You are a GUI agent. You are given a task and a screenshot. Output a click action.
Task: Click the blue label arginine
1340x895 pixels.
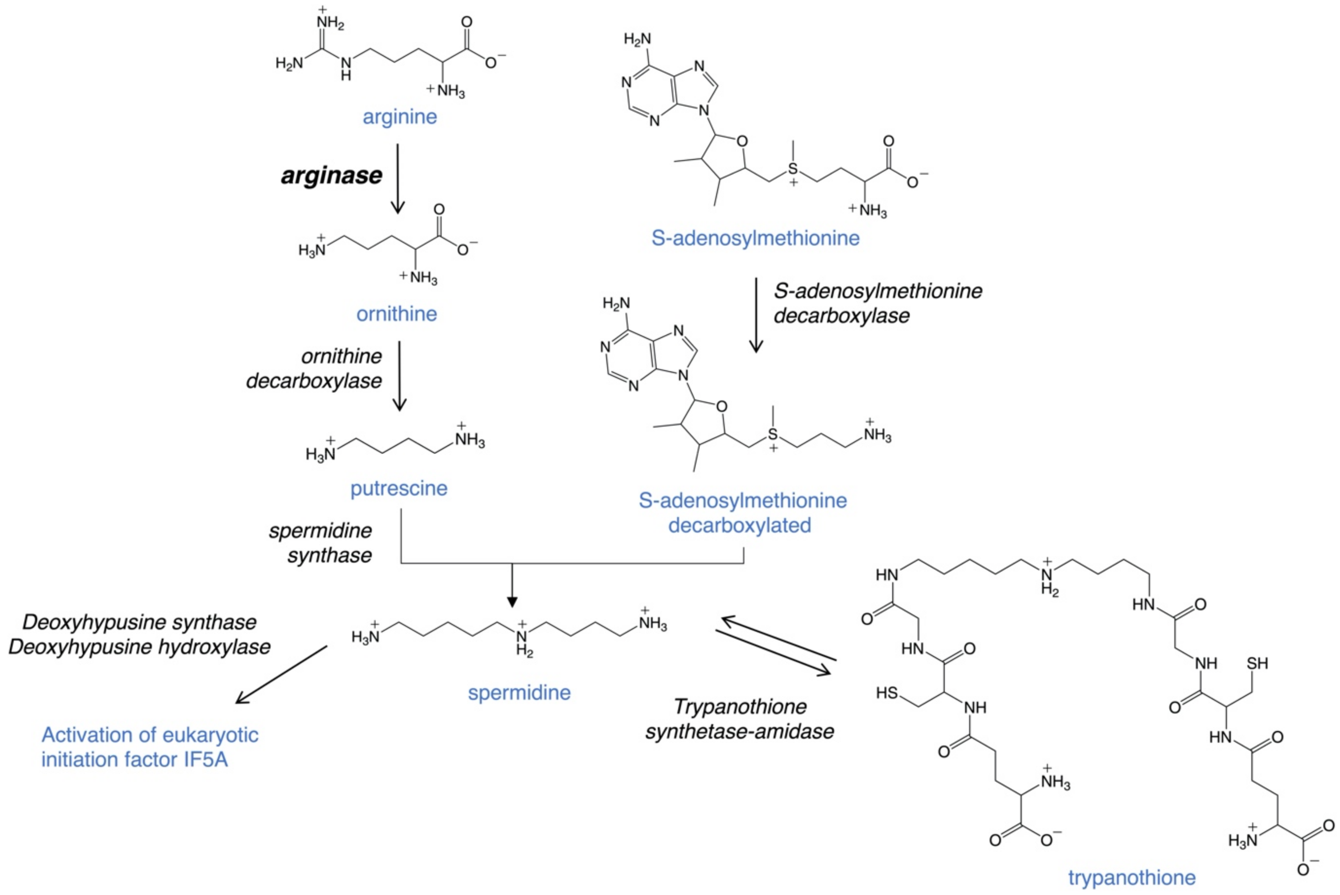pyautogui.click(x=400, y=117)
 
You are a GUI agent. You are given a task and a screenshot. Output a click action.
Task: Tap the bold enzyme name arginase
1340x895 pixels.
pyautogui.click(x=331, y=175)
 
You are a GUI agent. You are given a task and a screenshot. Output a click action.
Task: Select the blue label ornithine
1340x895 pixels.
pyautogui.click(x=396, y=314)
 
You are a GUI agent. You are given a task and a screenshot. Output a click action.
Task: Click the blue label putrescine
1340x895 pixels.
pyautogui.click(x=399, y=489)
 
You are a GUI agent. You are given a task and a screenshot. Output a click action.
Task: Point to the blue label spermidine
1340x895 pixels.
pyautogui.click(x=519, y=692)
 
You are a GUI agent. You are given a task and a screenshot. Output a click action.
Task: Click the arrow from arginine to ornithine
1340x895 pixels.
pyautogui.click(x=397, y=178)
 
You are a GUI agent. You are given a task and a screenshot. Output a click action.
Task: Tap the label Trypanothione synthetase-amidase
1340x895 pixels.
pyautogui.click(x=739, y=719)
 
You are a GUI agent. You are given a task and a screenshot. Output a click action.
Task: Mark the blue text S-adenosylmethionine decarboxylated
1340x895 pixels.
pyautogui.click(x=742, y=512)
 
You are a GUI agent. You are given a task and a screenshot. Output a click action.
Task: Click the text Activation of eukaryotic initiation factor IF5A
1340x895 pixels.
pyautogui.click(x=149, y=747)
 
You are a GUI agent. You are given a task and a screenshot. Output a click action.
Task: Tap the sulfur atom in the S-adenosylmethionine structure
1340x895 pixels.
pyautogui.click(x=792, y=169)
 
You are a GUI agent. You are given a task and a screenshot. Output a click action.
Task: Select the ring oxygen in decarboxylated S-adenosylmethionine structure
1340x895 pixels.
pyautogui.click(x=722, y=407)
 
